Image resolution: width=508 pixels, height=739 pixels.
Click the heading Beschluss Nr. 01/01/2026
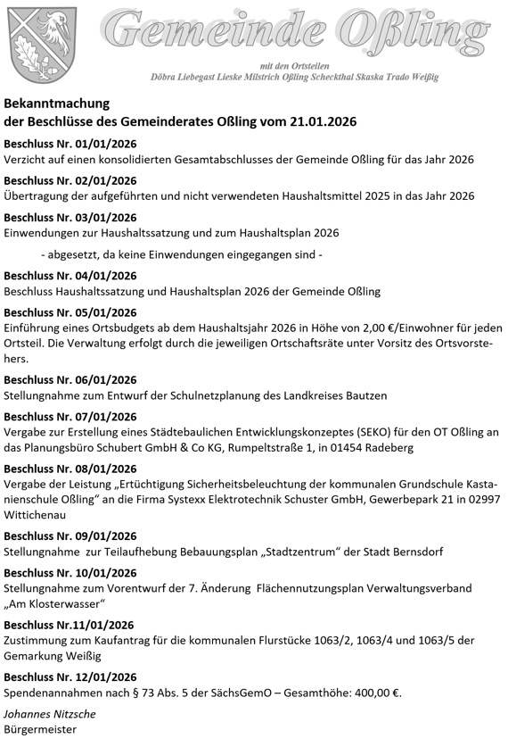(70, 143)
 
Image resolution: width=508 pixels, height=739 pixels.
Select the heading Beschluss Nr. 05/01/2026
(70, 312)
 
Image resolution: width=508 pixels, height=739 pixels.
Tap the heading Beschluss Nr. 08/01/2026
(70, 469)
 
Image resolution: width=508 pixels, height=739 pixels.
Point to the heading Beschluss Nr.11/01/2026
(69, 624)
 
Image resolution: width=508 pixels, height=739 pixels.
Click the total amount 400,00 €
(375, 691)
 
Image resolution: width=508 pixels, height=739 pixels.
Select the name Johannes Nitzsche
(50, 714)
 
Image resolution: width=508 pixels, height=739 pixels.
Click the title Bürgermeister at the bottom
(41, 729)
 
